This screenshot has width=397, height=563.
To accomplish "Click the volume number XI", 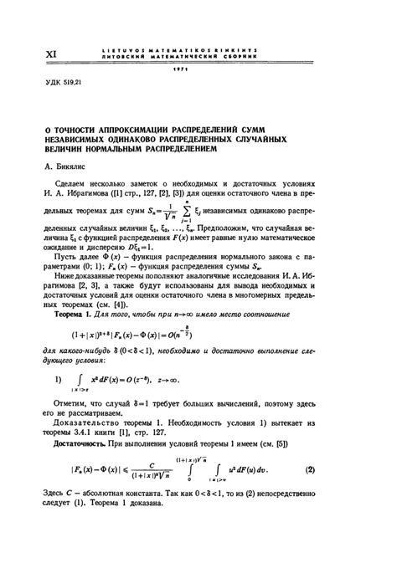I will coord(51,54).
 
